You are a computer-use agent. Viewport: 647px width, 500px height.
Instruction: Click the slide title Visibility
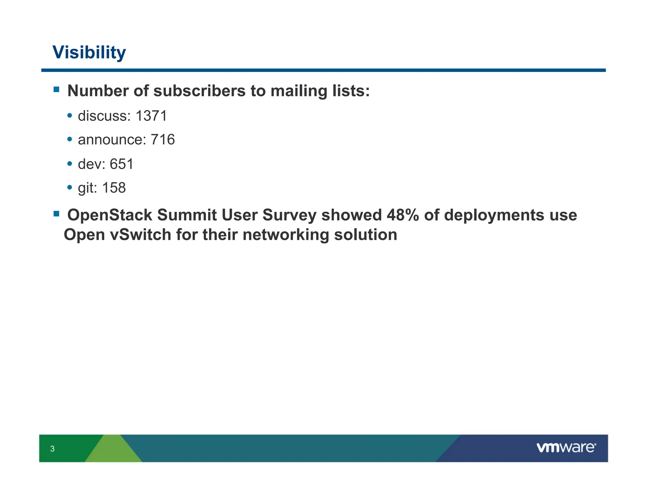pyautogui.click(x=89, y=52)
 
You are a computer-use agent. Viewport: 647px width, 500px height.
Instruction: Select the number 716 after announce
pyautogui.click(x=163, y=140)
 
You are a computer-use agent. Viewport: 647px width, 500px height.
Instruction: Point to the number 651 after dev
pyautogui.click(x=122, y=164)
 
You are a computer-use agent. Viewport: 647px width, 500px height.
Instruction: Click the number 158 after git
pyautogui.click(x=114, y=188)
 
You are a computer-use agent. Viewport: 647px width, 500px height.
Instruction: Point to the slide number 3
pyautogui.click(x=52, y=448)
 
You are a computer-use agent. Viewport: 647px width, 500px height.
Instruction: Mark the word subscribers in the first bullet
pyautogui.click(x=199, y=91)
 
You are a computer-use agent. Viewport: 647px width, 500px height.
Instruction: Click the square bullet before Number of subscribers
pyautogui.click(x=57, y=89)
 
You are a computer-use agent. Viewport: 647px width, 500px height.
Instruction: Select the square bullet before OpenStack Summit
pyautogui.click(x=57, y=214)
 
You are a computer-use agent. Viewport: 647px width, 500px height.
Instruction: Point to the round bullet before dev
pyautogui.click(x=70, y=163)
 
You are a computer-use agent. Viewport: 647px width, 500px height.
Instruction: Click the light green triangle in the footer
pyautogui.click(x=113, y=450)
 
